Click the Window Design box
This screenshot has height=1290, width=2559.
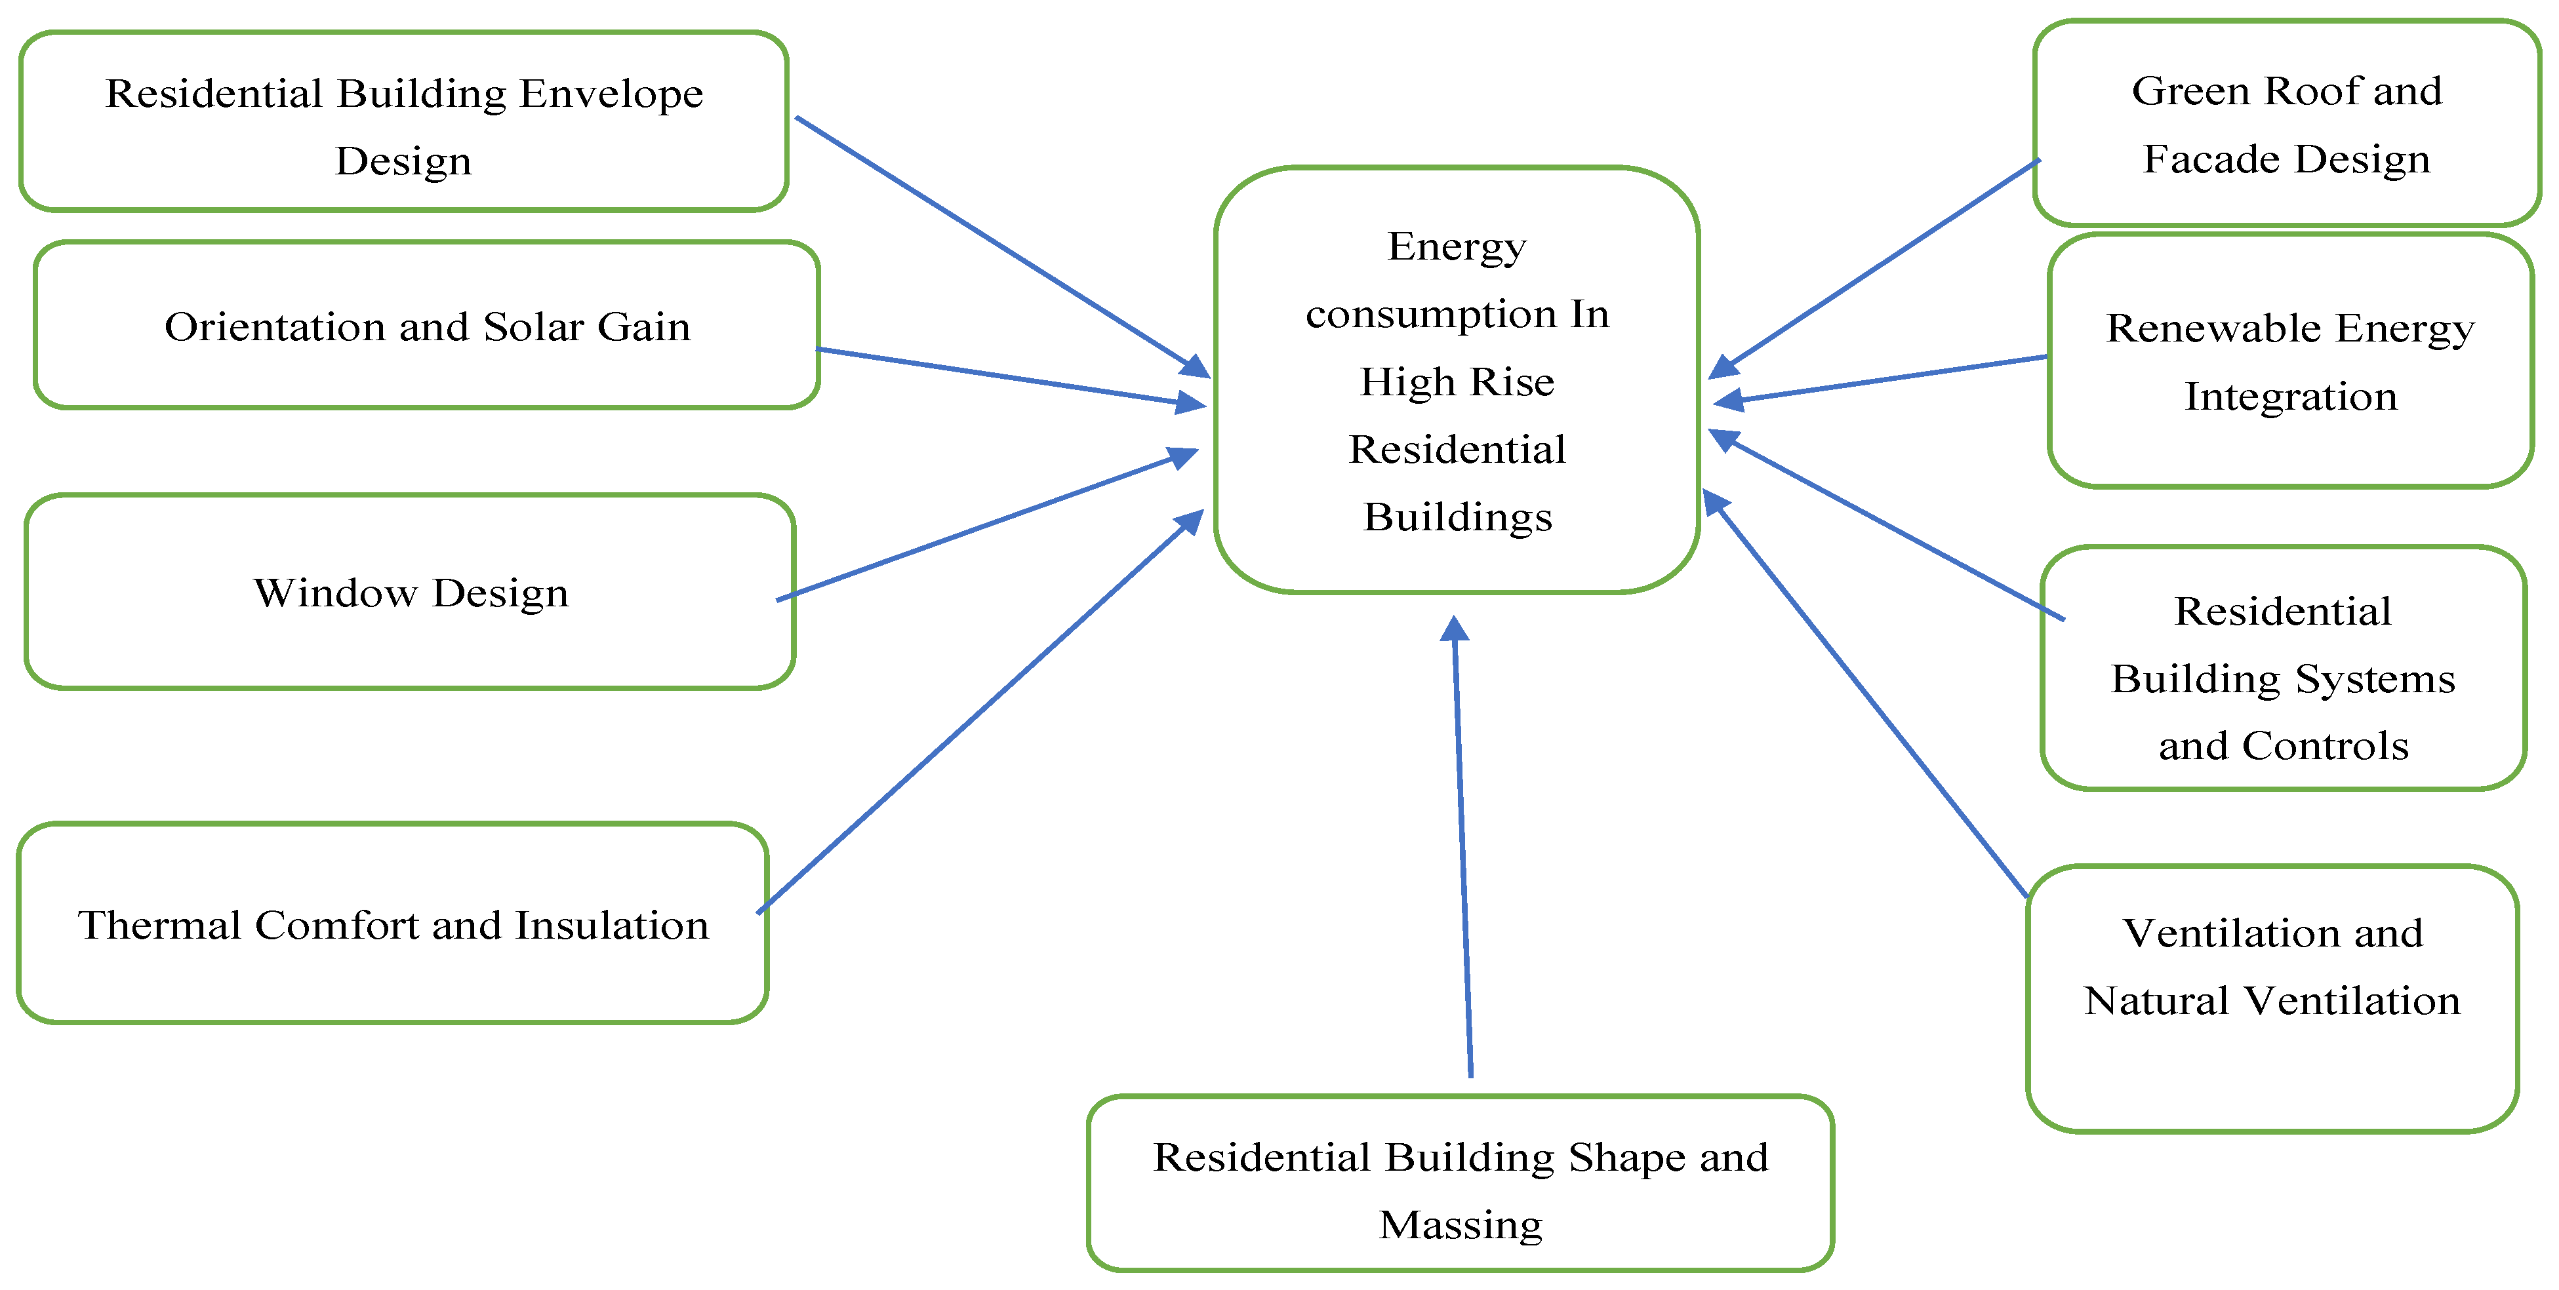coord(411,592)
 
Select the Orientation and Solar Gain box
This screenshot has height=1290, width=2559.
coord(427,326)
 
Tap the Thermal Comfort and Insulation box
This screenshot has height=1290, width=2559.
coord(393,924)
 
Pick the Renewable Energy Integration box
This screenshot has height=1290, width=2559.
coord(2290,361)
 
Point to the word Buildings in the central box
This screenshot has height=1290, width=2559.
coord(1457,517)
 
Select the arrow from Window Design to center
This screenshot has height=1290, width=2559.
coord(984,526)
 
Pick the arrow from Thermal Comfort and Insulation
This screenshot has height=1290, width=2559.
coord(978,715)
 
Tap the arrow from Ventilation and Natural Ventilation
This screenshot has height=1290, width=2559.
coord(1868,695)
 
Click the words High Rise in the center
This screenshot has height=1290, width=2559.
coord(1457,381)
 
